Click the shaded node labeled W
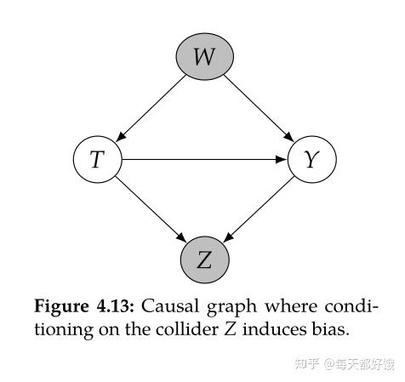(x=204, y=58)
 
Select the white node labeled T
(x=98, y=159)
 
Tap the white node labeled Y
(x=312, y=159)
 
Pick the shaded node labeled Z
(x=204, y=260)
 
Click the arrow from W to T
(x=151, y=108)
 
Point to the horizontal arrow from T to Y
(x=204, y=159)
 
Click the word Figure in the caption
(x=60, y=305)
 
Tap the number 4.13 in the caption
(x=112, y=305)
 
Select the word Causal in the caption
(x=165, y=305)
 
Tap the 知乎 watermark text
(x=306, y=363)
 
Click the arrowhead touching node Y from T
(x=283, y=159)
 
